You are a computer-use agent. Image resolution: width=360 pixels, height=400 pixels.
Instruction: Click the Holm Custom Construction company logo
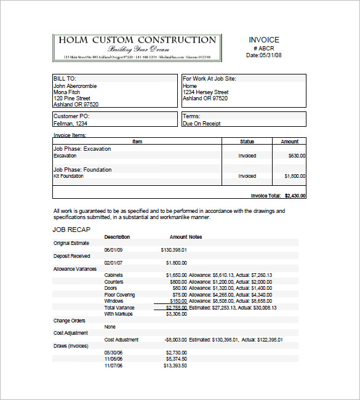(137, 47)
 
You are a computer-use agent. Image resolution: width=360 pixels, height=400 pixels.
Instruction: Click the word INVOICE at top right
(263, 39)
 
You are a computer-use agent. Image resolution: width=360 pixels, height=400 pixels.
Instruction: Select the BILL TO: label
(65, 79)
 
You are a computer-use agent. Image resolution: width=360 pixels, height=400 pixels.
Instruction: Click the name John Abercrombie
(75, 86)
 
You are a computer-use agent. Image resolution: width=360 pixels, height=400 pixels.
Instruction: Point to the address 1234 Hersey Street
(205, 92)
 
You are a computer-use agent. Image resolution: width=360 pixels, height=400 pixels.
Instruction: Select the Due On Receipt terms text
(201, 123)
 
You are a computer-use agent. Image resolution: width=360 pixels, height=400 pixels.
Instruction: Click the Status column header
(247, 142)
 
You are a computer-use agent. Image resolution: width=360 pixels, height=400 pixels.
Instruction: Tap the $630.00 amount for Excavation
(297, 156)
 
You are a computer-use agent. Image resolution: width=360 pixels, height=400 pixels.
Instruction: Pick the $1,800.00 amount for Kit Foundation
(295, 176)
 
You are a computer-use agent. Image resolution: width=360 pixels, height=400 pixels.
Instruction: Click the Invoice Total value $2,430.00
(295, 196)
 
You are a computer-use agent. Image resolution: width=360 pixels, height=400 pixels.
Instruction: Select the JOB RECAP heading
(72, 230)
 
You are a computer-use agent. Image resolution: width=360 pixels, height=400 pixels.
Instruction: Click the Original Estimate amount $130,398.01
(174, 250)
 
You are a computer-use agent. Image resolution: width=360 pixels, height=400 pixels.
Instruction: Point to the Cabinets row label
(113, 275)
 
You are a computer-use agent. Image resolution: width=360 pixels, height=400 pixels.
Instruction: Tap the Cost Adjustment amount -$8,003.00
(176, 340)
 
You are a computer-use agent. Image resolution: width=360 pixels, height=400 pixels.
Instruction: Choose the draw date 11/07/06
(114, 366)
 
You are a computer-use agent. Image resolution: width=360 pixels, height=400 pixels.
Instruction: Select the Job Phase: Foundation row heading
(82, 169)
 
